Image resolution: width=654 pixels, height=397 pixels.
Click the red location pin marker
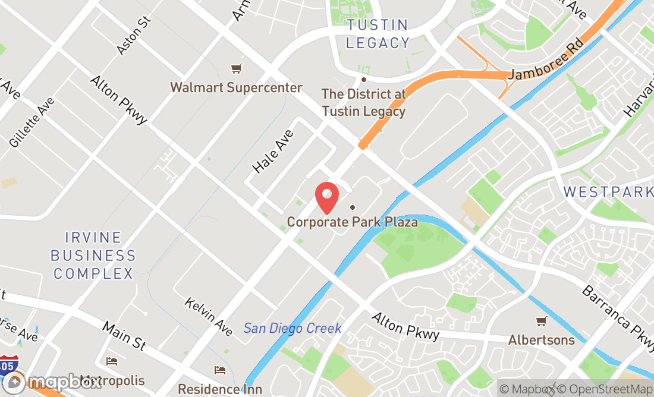pos(326,197)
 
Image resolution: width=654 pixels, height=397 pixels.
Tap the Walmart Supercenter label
pos(236,88)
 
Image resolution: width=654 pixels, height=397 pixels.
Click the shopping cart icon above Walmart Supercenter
pos(237,68)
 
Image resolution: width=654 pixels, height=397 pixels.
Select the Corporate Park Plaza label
pos(352,222)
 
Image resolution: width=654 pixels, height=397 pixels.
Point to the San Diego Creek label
pos(293,328)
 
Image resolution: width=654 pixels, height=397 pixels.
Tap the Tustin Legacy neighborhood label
pos(378,34)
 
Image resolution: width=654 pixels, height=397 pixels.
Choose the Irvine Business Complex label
pos(93,256)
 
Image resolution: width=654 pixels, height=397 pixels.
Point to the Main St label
pos(124,336)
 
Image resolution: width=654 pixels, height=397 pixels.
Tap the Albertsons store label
pos(541,340)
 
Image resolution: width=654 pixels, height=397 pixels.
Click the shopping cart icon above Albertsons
pos(541,322)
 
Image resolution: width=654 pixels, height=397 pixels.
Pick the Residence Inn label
pos(220,389)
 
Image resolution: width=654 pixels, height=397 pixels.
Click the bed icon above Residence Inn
pos(220,370)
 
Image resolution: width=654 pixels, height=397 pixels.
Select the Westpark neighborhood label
pos(608,192)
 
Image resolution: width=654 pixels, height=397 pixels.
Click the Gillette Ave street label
pos(32,122)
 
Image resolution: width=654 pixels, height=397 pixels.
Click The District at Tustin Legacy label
pos(363,102)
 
